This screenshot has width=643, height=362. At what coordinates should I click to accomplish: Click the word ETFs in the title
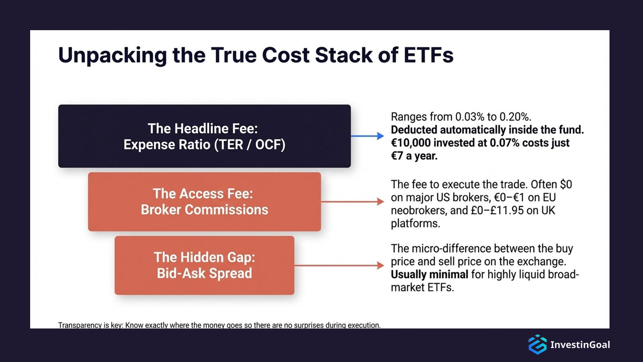pyautogui.click(x=428, y=55)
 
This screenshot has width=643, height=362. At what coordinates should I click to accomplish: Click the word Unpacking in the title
pyautogui.click(x=112, y=55)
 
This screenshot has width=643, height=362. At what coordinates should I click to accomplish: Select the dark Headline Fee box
pyautogui.click(x=204, y=136)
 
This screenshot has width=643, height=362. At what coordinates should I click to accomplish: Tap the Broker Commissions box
pyautogui.click(x=204, y=202)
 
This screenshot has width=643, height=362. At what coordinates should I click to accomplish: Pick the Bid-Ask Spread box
pyautogui.click(x=204, y=265)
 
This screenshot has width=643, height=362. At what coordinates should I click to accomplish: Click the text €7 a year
pyautogui.click(x=414, y=156)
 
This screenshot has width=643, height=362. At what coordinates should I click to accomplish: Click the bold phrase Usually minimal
pyautogui.click(x=429, y=275)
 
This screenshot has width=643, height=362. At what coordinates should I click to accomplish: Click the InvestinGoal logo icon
pyautogui.click(x=538, y=344)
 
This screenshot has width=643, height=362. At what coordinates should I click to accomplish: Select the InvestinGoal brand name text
pyautogui.click(x=580, y=345)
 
